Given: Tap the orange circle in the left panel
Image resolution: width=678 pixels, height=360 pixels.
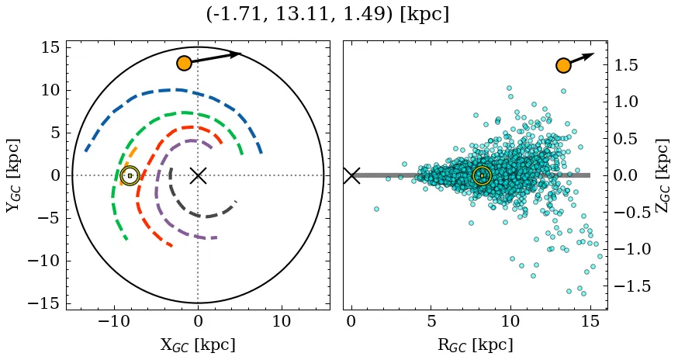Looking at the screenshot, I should tap(184, 63).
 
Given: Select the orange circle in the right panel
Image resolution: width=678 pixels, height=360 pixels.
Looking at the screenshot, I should tap(563, 65).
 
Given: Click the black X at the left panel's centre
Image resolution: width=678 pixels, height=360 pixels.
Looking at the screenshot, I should tap(198, 175).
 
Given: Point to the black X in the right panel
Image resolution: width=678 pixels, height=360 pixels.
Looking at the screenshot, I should tap(351, 175).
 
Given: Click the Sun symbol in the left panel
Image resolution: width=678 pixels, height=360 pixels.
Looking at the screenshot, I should tap(130, 175).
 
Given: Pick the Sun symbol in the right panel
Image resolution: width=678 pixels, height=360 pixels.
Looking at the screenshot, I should tap(482, 175).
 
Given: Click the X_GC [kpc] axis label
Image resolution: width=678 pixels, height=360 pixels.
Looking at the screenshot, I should tap(198, 344).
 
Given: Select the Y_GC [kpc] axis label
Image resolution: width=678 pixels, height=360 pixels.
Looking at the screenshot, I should tap(13, 175).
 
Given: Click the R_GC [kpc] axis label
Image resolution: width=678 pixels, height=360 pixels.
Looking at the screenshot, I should tap(475, 344).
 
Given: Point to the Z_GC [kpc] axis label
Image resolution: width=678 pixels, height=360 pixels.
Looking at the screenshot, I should tap(662, 175).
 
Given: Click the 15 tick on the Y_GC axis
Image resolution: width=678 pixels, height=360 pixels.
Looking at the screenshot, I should tap(50, 47).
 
